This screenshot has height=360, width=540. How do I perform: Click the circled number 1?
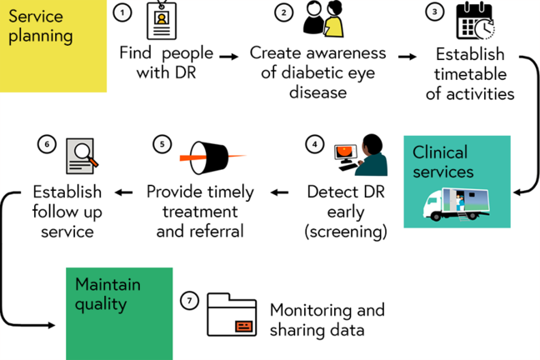[123, 12]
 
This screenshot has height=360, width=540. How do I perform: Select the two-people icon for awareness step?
[322, 19]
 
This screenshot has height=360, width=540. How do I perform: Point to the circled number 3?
[434, 12]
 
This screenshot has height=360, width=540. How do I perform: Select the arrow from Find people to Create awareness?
[227, 57]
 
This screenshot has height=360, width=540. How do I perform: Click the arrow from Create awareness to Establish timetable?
[407, 57]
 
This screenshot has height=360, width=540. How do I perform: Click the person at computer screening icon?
[356, 155]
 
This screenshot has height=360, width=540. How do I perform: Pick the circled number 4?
[314, 143]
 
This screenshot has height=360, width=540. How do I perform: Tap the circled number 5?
[162, 143]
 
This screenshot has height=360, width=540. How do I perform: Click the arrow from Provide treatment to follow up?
[123, 192]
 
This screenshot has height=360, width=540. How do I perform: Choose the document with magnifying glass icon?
[82, 156]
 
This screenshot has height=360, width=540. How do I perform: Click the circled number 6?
[47, 143]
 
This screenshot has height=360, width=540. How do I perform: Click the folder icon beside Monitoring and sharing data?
[232, 314]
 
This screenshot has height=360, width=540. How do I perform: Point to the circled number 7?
[189, 300]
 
